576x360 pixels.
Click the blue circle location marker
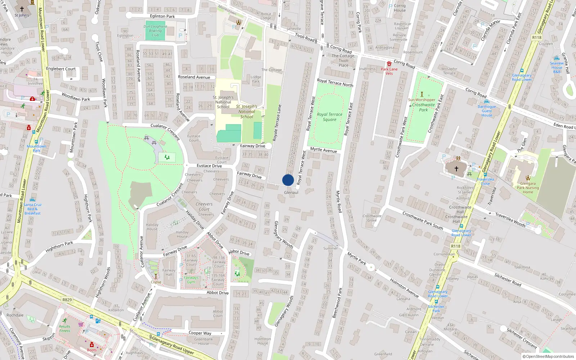point(288,180)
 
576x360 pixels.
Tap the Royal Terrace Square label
point(329,117)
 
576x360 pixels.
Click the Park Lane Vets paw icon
point(389,64)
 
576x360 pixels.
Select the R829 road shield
point(67,300)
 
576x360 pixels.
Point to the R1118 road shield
point(537,37)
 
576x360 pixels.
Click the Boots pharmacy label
point(92,350)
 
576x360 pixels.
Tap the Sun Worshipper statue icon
point(422,94)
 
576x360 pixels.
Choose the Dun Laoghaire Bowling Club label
point(155,31)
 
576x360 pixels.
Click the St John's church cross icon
point(22,9)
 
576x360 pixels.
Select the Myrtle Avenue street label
point(323,150)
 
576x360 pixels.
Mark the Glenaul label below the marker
point(291,193)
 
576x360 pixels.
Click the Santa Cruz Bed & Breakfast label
point(32,209)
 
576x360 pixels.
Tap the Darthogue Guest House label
point(487,111)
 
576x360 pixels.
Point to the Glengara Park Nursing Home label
point(528,188)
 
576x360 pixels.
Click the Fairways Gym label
point(191,280)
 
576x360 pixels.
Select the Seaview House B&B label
point(557,67)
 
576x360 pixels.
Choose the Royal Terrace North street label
point(335,83)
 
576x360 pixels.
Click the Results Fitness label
point(65,328)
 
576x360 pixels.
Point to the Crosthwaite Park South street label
point(422,220)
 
